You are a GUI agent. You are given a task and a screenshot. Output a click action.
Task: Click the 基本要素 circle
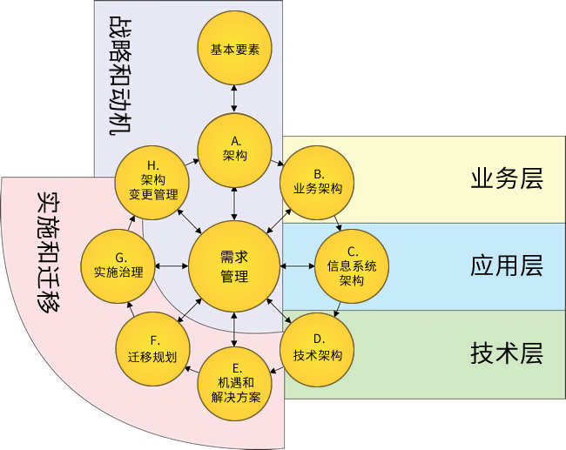point(234,50)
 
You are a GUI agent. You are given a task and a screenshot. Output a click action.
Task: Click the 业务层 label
point(506,179)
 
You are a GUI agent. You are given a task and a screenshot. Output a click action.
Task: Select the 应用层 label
point(506,265)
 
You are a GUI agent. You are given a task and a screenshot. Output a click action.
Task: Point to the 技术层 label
point(506,353)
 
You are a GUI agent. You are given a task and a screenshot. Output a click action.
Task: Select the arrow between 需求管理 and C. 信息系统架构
point(299,265)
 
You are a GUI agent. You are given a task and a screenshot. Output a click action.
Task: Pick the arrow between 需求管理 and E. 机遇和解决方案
point(234,328)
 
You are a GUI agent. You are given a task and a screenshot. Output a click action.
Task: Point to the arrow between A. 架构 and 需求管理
point(234,201)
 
